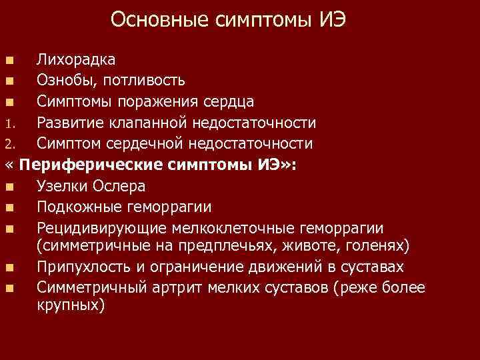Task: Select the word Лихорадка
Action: [75, 60]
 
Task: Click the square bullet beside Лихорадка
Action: [9, 61]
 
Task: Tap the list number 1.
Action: [9, 123]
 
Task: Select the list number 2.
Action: [9, 144]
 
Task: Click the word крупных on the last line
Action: [69, 306]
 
